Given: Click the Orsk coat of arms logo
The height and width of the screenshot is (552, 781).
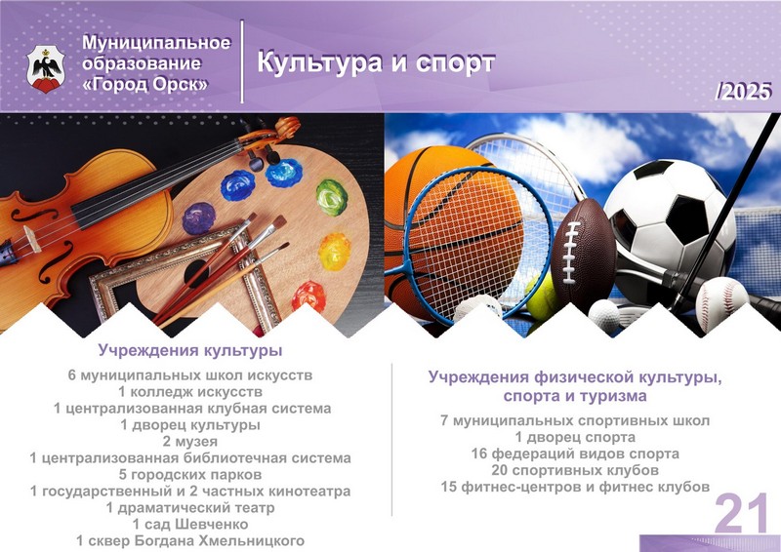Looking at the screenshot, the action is tap(46, 69).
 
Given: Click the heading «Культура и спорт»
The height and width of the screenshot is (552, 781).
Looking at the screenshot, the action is tap(376, 62).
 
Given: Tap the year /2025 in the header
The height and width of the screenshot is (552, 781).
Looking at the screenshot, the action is tap(743, 92).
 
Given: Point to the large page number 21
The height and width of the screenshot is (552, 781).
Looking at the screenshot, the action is tap(742, 513).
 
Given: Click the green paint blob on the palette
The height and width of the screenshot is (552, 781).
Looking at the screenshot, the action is tap(331, 197).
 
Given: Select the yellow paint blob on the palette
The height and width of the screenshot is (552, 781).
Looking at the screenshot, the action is tap(334, 252).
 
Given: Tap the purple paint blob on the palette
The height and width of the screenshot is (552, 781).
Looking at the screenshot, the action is tap(199, 218).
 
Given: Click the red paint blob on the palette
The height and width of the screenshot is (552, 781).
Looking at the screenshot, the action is tap(308, 296).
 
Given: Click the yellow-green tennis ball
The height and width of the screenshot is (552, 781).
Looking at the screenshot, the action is tap(541, 297).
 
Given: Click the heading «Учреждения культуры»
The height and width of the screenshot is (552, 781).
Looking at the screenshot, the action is tap(190, 350).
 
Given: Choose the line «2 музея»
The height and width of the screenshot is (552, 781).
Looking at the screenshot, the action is tap(190, 442).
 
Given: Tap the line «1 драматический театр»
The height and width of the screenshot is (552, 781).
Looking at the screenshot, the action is tap(190, 508).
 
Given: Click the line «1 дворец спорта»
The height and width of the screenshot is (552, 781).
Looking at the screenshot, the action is tap(575, 438).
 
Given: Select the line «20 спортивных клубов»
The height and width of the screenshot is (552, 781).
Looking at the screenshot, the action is tap(575, 470).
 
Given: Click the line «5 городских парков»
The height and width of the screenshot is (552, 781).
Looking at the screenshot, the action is tap(190, 474).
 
